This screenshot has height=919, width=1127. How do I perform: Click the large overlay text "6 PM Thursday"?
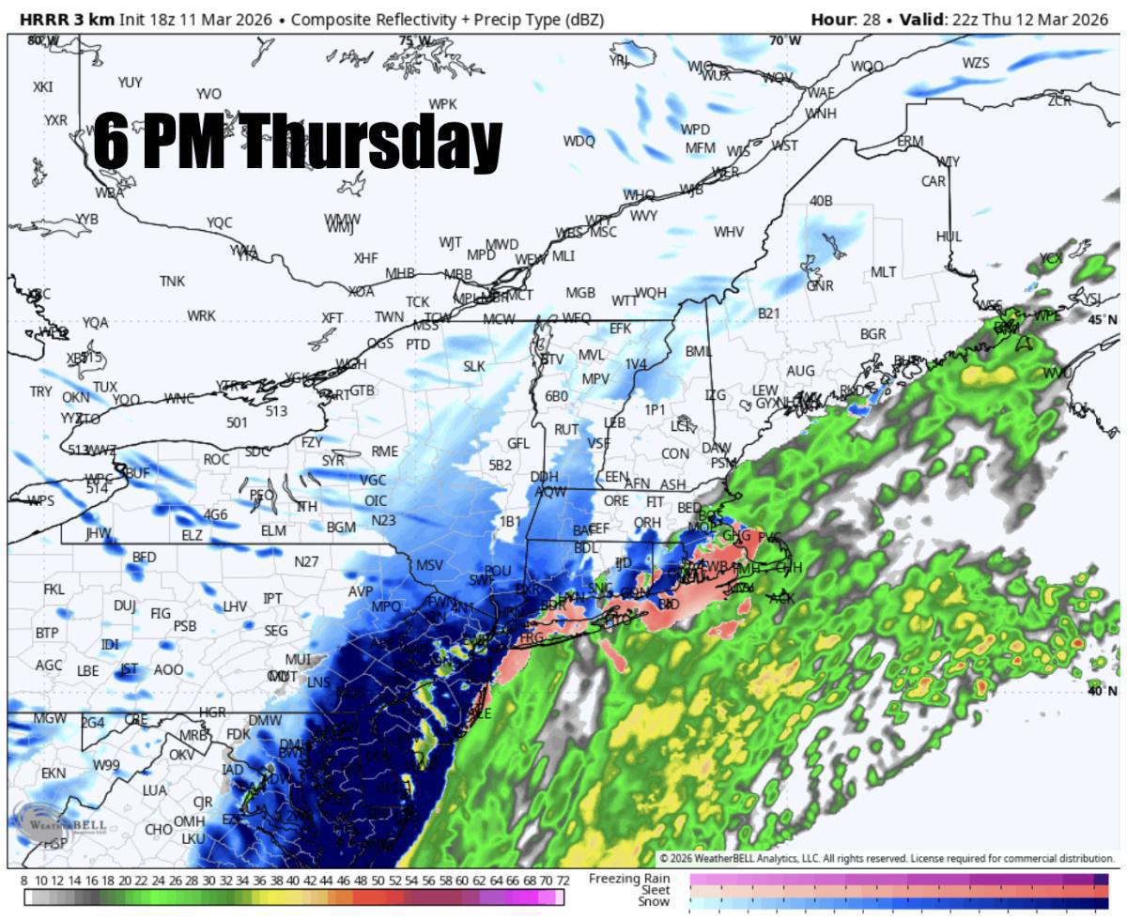coord(297,143)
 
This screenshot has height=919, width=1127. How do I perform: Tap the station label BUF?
coord(137,472)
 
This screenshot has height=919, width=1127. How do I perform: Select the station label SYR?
coord(332,461)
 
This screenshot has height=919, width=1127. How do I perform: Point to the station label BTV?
coord(552,360)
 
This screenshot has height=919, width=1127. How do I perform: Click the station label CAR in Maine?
coord(933,181)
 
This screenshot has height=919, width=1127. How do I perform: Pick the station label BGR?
coord(872,334)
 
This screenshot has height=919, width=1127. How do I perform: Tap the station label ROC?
coord(216,459)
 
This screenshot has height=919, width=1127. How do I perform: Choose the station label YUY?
coord(130,83)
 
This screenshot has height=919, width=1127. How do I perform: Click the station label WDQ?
coord(579,141)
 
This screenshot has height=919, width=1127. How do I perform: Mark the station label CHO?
coord(159,829)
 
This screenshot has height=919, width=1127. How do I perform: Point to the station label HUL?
coord(949,237)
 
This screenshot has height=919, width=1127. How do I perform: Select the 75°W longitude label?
coord(414,40)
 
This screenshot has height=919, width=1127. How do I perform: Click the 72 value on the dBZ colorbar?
coord(563,881)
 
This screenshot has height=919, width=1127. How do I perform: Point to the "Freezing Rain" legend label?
coord(629,878)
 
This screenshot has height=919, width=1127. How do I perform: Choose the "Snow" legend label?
coord(654,902)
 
